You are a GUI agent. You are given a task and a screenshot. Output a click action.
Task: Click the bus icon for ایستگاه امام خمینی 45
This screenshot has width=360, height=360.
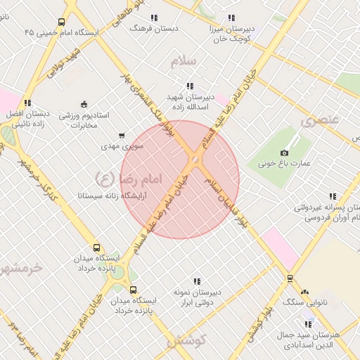pos(62,22)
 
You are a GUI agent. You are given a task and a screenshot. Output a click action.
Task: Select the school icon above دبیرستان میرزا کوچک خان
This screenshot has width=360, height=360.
pos(231,18)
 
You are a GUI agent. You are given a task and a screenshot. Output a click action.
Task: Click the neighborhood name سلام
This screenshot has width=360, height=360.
pos(186,62)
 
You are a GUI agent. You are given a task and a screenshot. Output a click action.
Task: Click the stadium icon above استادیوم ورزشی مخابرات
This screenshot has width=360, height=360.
pos(84,104)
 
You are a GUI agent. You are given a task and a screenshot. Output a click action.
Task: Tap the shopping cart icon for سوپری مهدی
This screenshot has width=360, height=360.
pos(122,135)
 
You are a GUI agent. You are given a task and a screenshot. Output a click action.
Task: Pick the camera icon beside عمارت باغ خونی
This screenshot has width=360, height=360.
pos(284,153)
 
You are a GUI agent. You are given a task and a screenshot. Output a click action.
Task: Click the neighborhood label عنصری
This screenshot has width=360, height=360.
pos(320,120)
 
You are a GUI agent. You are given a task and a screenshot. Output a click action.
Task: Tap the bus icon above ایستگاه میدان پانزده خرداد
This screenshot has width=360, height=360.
pos(97,247)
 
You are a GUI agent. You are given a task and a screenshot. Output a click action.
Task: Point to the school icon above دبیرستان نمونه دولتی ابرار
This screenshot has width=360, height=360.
pos(197,281)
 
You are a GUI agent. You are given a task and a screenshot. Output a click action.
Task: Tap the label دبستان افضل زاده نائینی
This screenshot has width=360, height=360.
pos(27,117)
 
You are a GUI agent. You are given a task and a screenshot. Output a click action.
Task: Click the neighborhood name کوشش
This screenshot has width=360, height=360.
pos(186,340)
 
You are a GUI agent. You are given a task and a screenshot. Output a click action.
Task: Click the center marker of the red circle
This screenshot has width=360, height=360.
pos(195,160)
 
